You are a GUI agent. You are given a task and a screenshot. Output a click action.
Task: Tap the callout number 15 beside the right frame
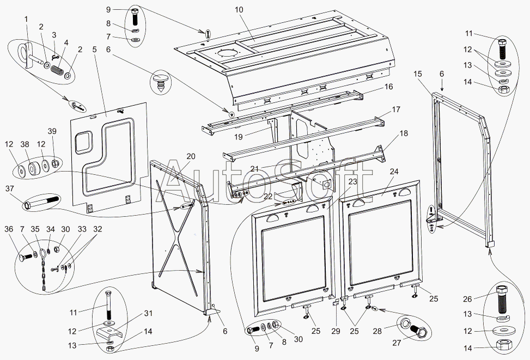[418, 74]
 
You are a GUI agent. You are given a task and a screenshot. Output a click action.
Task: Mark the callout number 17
[395, 109]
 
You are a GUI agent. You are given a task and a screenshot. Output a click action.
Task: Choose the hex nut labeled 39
[56, 163]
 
